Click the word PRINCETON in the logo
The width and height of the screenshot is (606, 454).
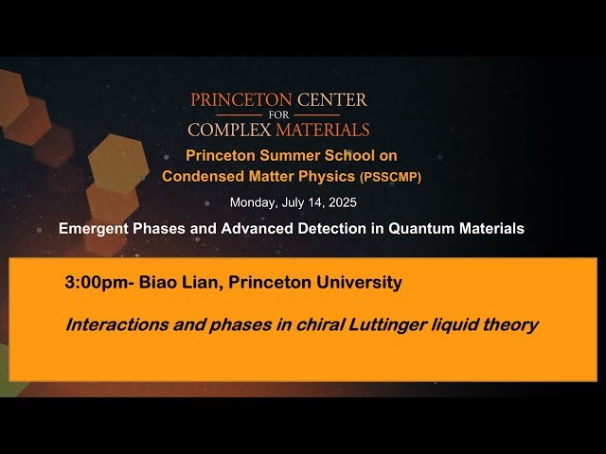[x=235, y=100]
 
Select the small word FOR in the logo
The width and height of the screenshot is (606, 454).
[x=278, y=114]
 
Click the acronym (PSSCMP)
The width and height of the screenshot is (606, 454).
[x=390, y=176]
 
